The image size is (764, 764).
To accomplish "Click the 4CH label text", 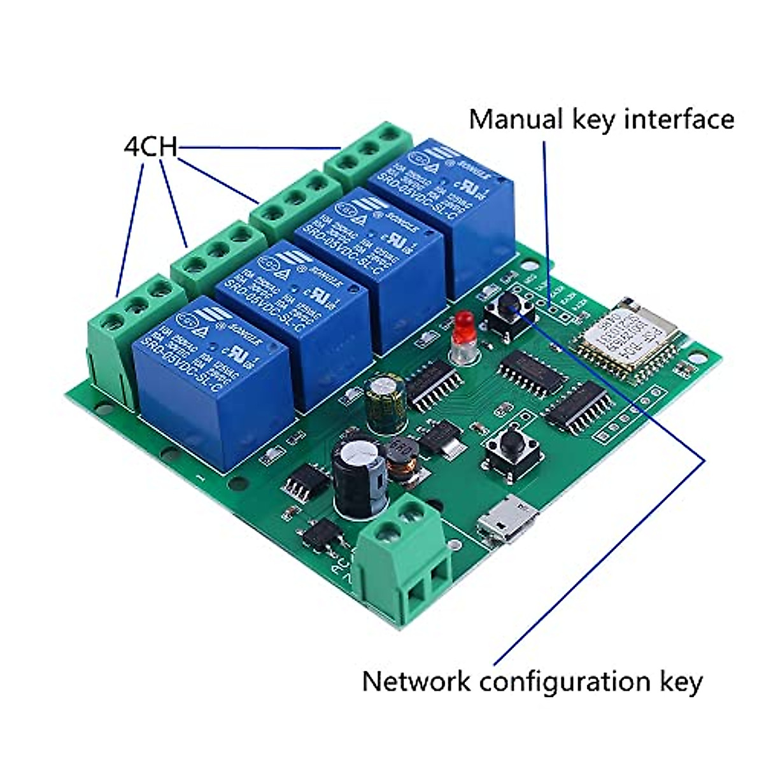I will pos(150,146).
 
